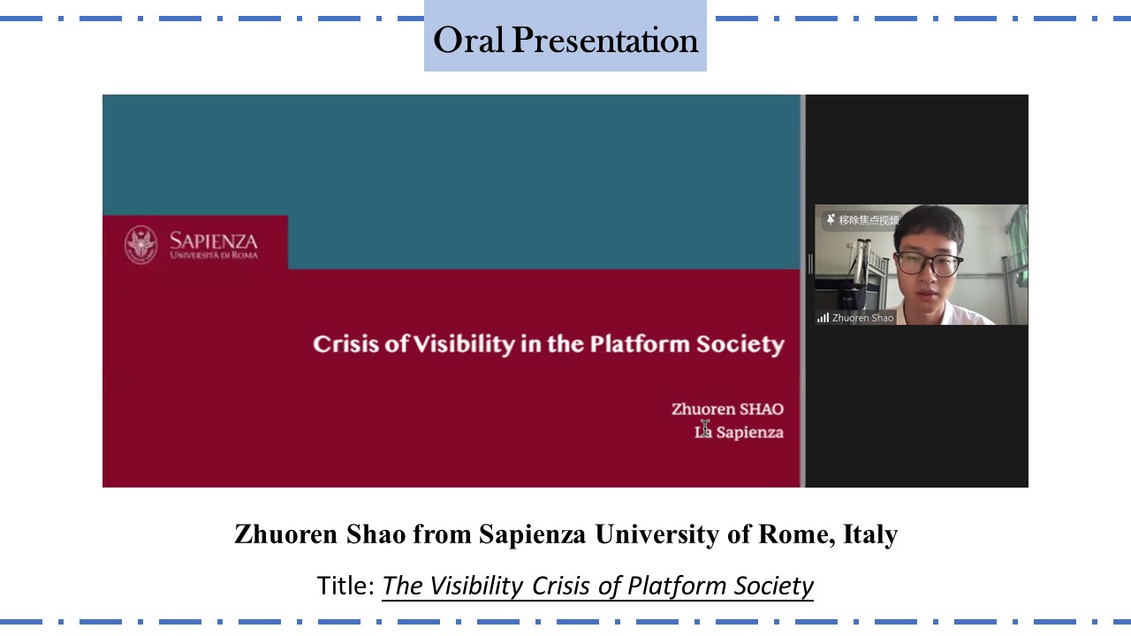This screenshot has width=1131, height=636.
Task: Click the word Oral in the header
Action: [x=468, y=40]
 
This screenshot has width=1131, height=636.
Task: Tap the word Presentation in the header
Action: [x=605, y=40]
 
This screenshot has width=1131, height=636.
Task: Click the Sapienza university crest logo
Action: [x=140, y=245]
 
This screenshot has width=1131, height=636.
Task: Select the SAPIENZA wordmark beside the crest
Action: [x=214, y=245]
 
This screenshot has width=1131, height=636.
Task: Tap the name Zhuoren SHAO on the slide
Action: [x=727, y=409]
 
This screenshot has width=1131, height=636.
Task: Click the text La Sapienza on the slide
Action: [x=740, y=432]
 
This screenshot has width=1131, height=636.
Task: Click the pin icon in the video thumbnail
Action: [x=831, y=219]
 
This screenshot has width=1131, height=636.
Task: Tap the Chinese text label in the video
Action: [x=869, y=220]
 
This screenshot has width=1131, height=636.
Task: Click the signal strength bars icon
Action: [x=823, y=317]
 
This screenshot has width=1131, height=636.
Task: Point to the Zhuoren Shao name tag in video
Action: [x=863, y=318]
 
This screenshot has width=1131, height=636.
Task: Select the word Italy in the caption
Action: [x=870, y=535]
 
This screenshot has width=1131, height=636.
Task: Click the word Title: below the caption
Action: [x=345, y=586]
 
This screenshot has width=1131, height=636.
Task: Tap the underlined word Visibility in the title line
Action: [x=476, y=587]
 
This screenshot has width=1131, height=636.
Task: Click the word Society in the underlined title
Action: [x=773, y=587]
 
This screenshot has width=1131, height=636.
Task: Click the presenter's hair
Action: [x=930, y=225]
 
